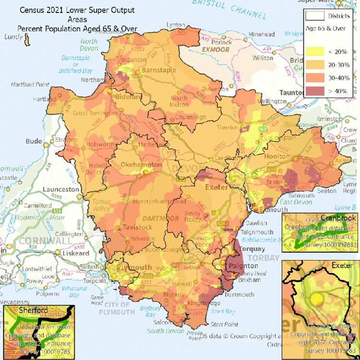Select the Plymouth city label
[x=134, y=267]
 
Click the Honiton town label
[x=277, y=157]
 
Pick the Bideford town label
[x=128, y=97]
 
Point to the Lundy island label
[x=13, y=37]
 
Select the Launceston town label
[x=60, y=189]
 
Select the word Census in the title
[x=33, y=10]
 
